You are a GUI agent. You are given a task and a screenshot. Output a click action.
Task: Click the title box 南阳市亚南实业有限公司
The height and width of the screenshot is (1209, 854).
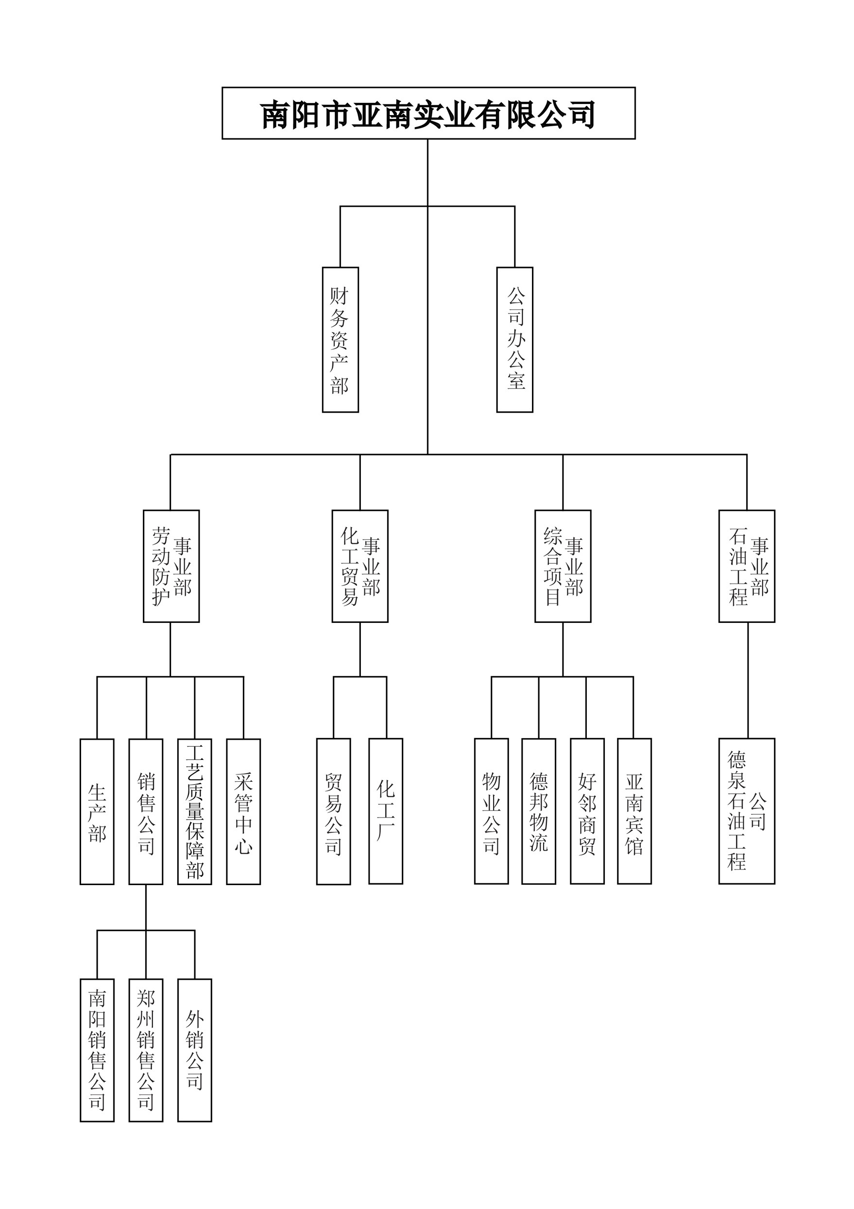coord(428,113)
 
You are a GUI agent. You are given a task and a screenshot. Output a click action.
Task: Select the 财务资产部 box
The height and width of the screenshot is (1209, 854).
coord(341,339)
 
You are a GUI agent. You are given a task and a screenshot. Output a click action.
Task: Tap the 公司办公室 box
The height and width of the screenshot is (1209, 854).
coord(515,339)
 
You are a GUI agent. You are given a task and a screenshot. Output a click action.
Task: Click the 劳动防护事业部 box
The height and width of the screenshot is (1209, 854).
coord(171,566)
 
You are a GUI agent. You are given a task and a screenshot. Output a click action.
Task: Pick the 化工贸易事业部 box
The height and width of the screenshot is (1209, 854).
coord(360,566)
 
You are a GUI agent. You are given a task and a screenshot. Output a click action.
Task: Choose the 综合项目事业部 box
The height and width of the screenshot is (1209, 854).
coord(563,566)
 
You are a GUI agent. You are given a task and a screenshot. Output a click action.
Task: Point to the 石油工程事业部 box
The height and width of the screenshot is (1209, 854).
coord(747,566)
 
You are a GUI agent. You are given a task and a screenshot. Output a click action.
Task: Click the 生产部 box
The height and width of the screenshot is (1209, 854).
coord(97,811)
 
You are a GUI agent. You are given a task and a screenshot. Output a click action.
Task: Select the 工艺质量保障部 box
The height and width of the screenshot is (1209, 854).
coord(194,811)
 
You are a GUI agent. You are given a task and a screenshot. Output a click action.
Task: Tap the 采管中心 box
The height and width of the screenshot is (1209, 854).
coord(243,811)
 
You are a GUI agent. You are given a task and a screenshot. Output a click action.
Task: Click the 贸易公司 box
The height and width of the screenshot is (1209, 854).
coord(333,811)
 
